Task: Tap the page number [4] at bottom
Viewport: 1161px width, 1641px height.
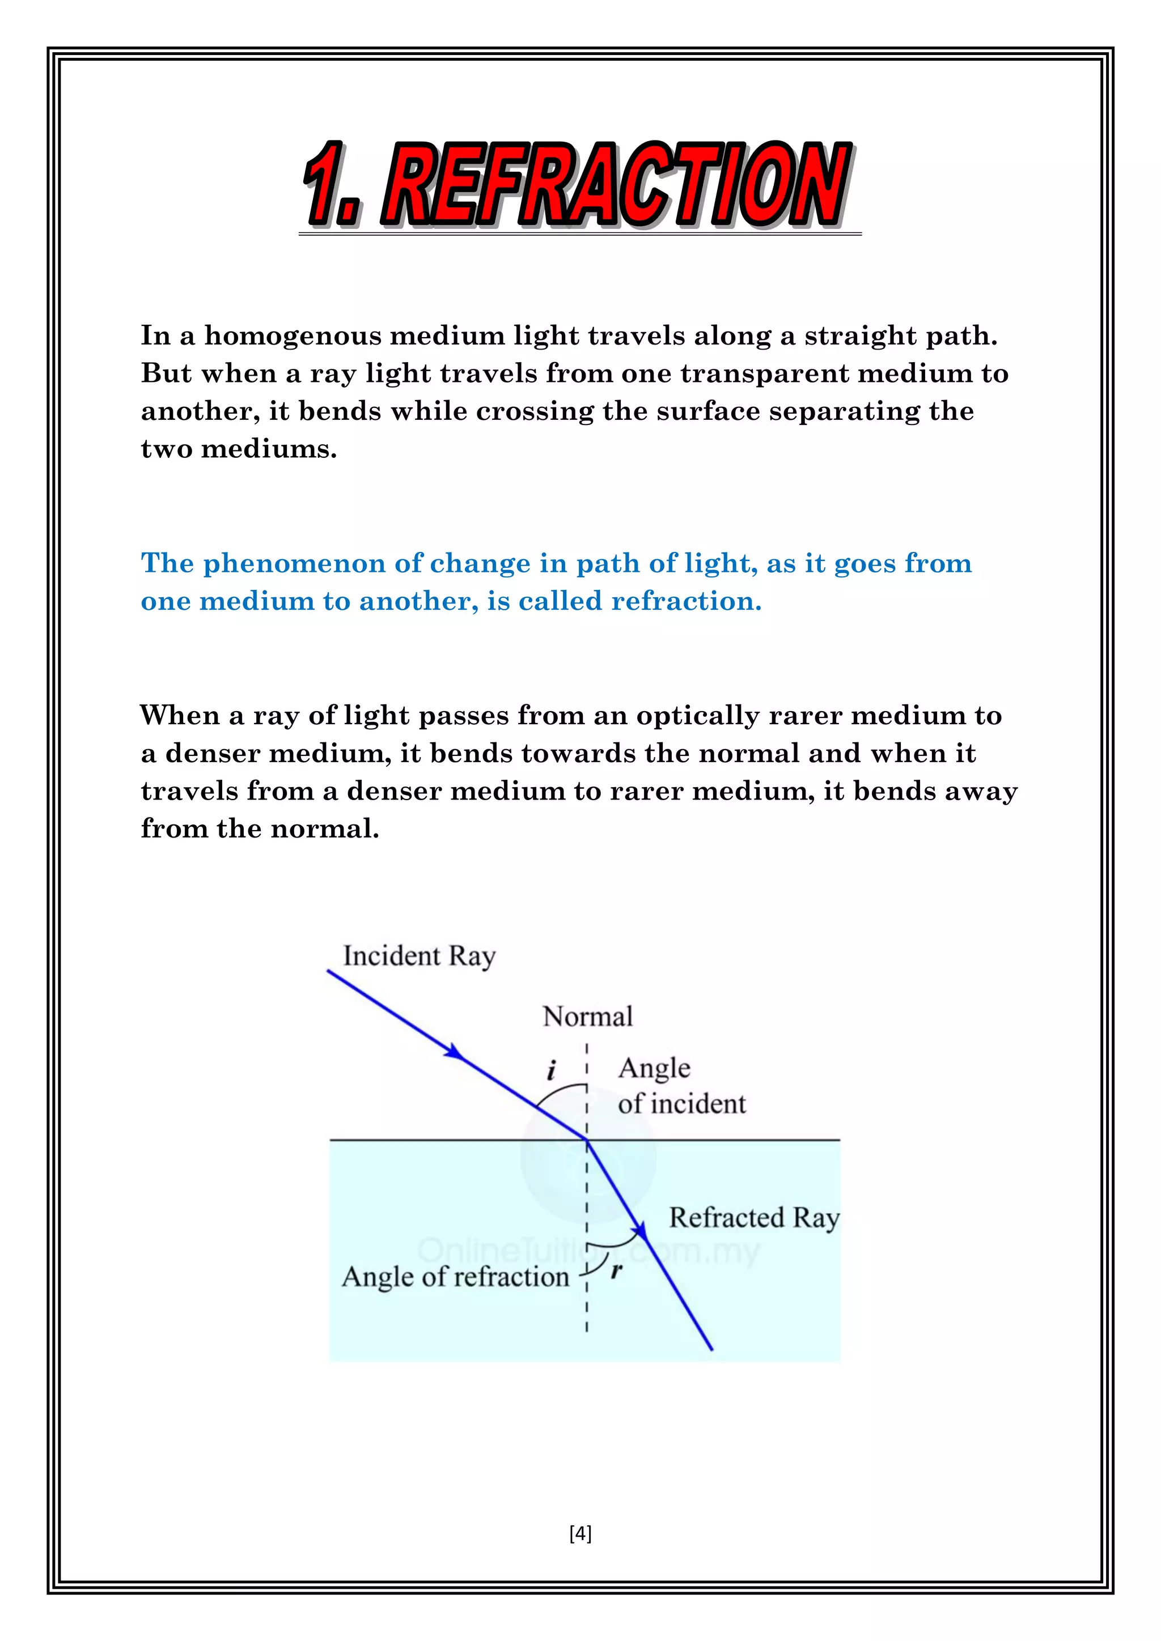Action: pos(580,1533)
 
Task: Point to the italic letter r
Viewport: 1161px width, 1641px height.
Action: pos(616,1270)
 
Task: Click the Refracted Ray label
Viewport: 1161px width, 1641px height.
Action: pos(753,1218)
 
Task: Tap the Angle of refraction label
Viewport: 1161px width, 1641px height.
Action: pos(455,1277)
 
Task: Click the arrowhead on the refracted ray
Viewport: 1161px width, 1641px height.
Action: pos(641,1230)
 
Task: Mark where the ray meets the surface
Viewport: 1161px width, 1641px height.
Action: pos(587,1140)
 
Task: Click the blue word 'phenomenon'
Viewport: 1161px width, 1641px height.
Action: pos(295,564)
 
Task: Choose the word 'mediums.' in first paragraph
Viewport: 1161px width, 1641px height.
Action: pos(269,449)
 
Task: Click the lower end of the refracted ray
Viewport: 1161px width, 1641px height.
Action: pos(711,1349)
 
